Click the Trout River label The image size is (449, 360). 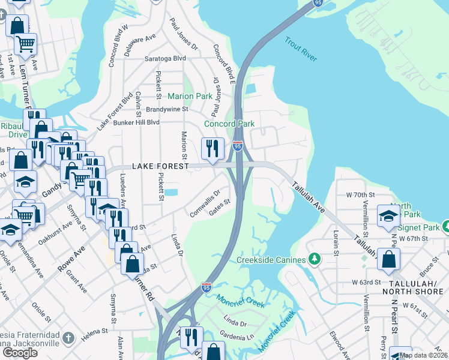coord(300,49)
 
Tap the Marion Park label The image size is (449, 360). coord(190,96)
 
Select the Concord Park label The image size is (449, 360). coord(229,124)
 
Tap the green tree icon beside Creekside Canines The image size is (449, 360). coord(314,259)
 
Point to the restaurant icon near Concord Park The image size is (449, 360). coord(212,149)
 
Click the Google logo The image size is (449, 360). coord(20,352)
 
